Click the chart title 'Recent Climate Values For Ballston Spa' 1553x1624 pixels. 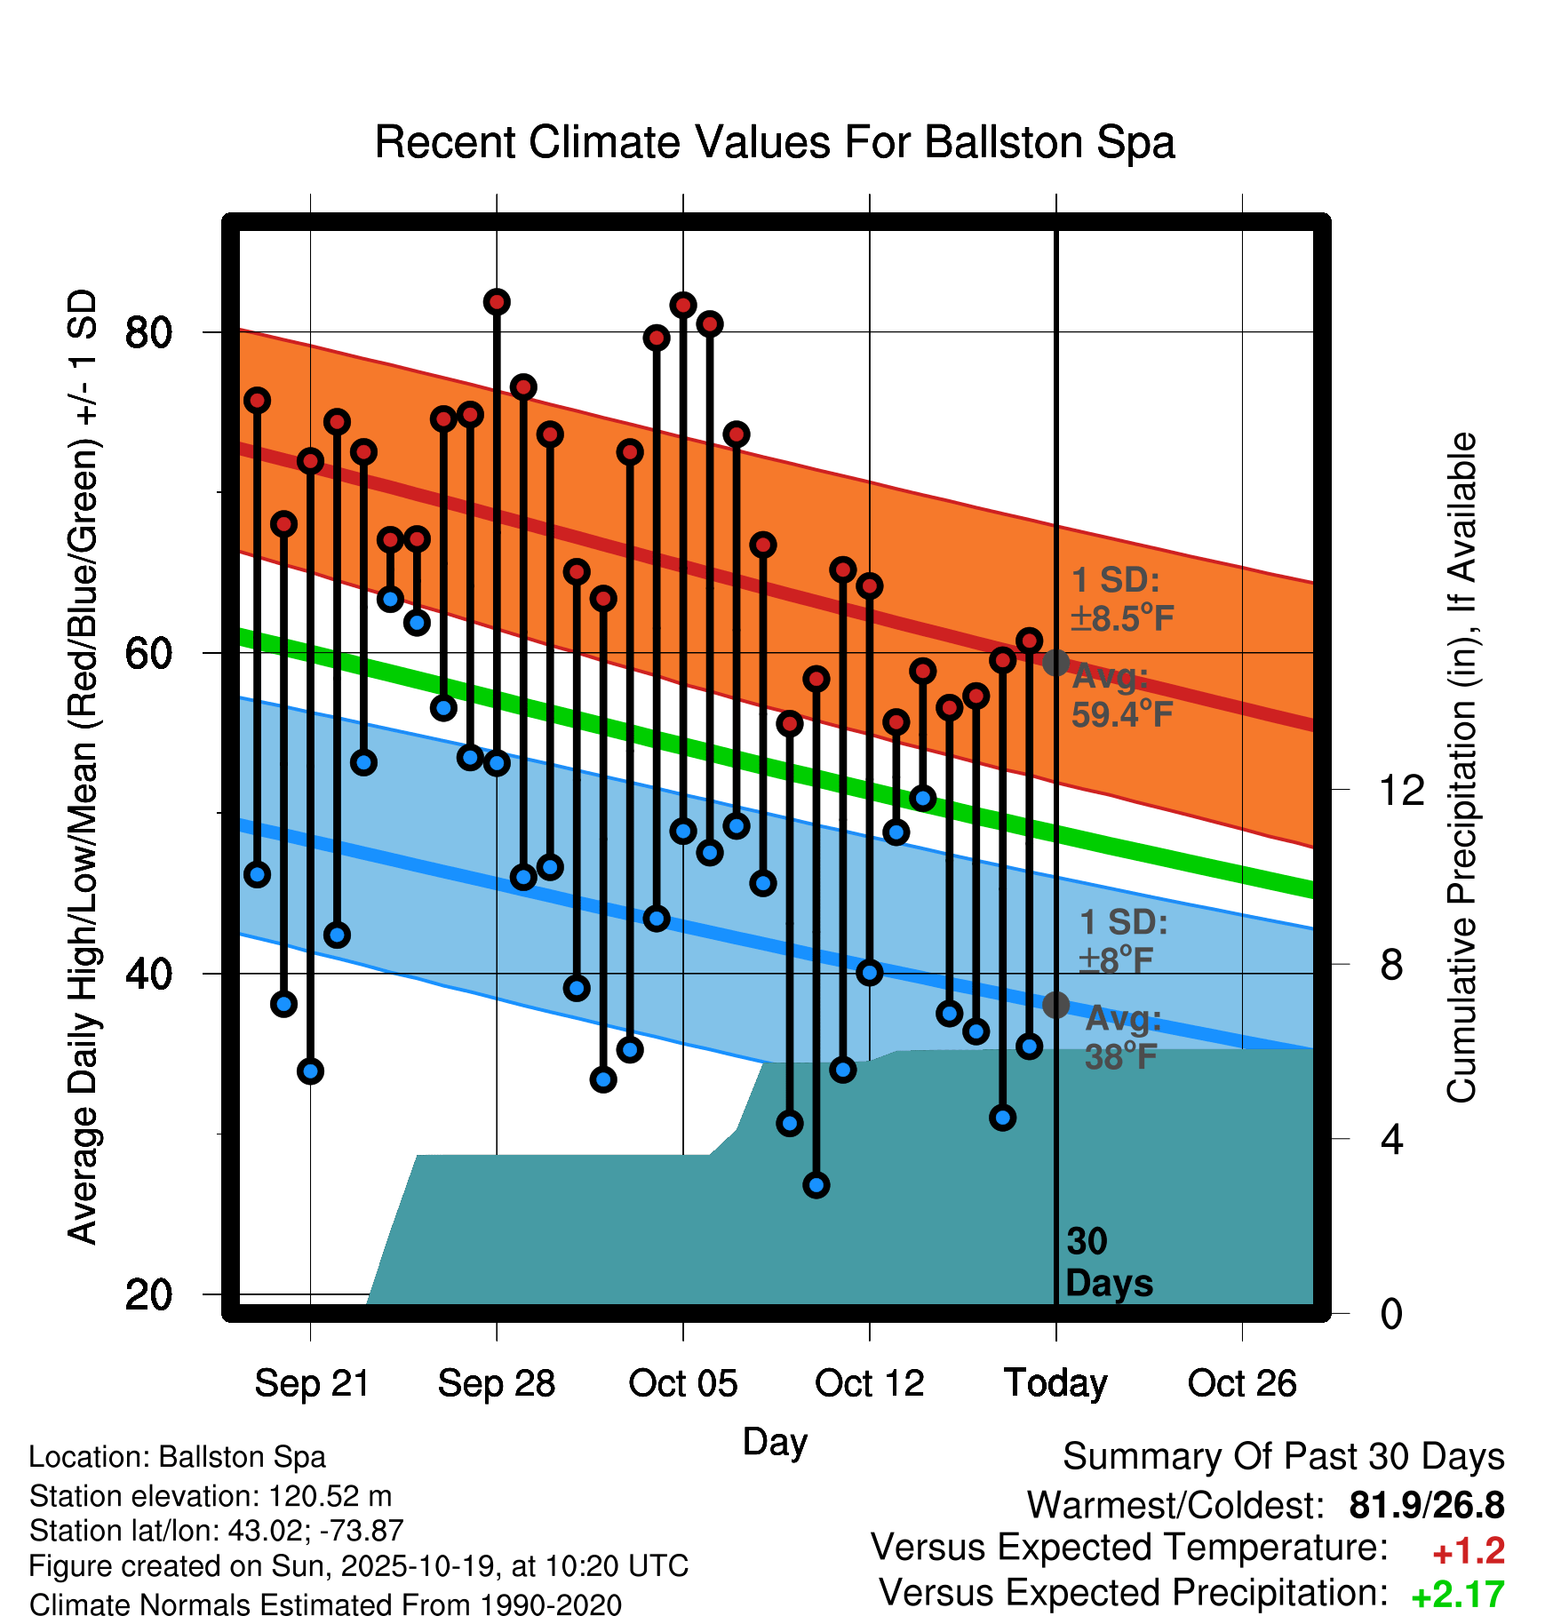point(775,142)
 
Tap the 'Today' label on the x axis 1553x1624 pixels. point(1055,1383)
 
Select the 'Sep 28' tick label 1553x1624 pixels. point(497,1383)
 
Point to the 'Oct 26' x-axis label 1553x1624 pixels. point(1242,1383)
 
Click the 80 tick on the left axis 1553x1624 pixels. point(148,333)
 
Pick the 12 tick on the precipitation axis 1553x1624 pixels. point(1402,790)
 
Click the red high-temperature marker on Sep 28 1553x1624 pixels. point(497,302)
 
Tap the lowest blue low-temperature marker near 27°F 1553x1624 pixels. point(816,1184)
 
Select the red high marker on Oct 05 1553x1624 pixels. point(683,306)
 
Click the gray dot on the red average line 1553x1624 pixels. point(1055,662)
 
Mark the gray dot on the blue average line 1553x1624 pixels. point(1055,1005)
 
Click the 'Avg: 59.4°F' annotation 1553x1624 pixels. point(1122,696)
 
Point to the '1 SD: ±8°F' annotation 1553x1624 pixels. point(1122,941)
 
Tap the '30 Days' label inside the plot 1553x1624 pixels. point(1107,1262)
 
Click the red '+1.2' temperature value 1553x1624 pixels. point(1469,1551)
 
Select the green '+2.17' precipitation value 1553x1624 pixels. point(1458,1595)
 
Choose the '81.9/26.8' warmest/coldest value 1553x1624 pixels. point(1426,1505)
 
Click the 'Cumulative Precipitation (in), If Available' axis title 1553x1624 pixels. point(1461,768)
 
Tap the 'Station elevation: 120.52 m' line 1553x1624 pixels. point(211,1496)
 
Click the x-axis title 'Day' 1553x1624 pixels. point(775,1442)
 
